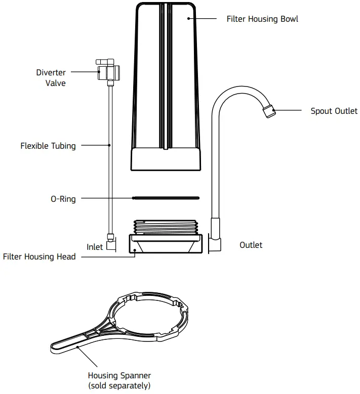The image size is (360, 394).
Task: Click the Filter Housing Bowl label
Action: click(262, 19)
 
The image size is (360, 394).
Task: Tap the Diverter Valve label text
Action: click(51, 77)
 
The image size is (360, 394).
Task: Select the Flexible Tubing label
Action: click(48, 146)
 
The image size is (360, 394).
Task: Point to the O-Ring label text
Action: click(63, 199)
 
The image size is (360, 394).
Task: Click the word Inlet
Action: click(95, 247)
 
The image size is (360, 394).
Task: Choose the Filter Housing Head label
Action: click(39, 257)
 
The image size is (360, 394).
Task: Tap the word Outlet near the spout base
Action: click(251, 245)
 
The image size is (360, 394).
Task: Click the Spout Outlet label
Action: click(334, 111)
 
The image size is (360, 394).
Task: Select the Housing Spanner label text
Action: click(119, 375)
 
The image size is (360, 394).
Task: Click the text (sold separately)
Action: click(119, 385)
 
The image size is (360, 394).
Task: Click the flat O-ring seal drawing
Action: click(165, 198)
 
